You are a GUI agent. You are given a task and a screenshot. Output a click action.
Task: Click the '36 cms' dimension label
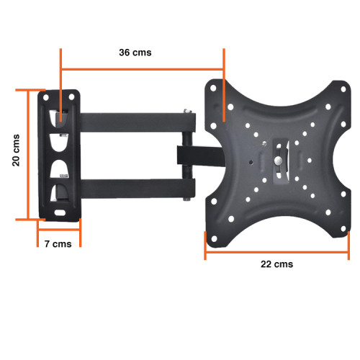click(135, 53)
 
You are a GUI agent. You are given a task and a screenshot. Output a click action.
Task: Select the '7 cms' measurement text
click(58, 244)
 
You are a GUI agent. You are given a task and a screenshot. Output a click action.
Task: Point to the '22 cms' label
click(276, 264)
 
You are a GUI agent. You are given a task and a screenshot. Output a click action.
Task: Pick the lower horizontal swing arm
click(130, 189)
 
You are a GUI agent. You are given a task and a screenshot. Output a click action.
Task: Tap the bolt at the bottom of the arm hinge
click(188, 198)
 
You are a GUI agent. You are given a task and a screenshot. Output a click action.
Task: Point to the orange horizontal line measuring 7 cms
click(58, 232)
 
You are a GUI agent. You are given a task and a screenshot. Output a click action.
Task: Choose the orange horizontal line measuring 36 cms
click(143, 70)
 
